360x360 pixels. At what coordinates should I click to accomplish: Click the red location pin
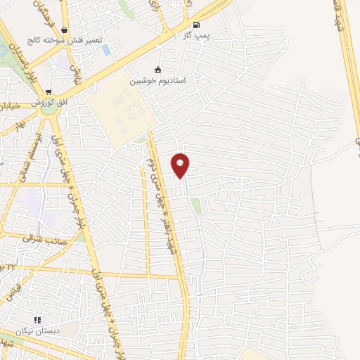[x=181, y=165]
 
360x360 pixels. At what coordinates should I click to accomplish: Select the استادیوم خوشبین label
[x=157, y=81]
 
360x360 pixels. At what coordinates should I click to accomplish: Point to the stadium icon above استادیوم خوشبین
[x=157, y=70]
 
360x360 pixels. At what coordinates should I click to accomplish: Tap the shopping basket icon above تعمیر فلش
[x=65, y=30]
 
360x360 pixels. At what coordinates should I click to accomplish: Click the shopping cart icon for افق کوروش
[x=48, y=91]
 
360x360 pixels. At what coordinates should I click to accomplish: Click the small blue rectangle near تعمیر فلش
[x=106, y=50]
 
